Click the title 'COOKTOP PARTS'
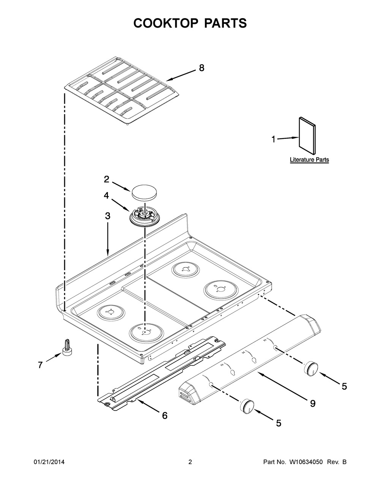click(190, 23)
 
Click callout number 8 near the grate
click(201, 68)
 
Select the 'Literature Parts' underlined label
click(309, 160)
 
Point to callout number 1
click(273, 140)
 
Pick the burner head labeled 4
click(143, 217)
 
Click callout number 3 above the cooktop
click(108, 216)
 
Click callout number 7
click(40, 365)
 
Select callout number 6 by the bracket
click(164, 415)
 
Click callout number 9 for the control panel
click(312, 403)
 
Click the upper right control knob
click(310, 369)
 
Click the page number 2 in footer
click(190, 462)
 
